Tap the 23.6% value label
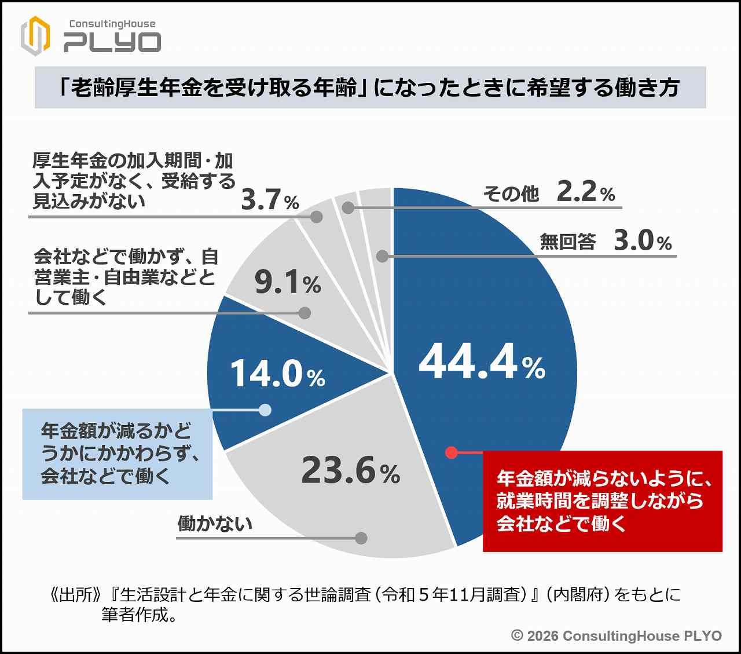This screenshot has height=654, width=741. [x=350, y=470]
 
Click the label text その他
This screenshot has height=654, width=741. [x=511, y=194]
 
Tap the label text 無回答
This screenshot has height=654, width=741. [x=567, y=242]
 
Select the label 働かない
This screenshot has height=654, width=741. [x=215, y=524]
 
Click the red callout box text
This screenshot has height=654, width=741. [x=602, y=500]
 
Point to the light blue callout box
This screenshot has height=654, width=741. [x=117, y=454]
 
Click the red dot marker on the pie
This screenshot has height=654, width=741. [x=452, y=452]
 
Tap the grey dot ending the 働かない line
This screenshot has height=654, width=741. [x=361, y=538]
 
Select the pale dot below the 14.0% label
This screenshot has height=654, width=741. [x=265, y=410]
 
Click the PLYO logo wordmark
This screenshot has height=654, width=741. [x=112, y=42]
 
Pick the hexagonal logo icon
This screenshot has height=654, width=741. [x=35, y=36]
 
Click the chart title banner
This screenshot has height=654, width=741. [x=370, y=87]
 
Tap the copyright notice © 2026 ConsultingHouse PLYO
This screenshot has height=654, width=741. [x=617, y=635]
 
